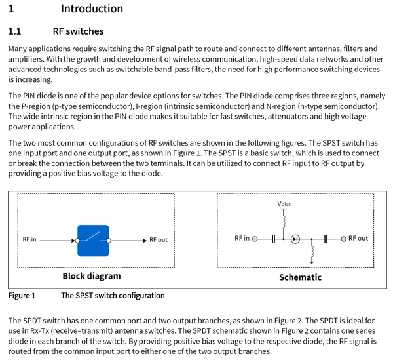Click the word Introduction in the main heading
92,9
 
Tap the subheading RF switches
78,31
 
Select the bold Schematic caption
300,277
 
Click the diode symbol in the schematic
295,239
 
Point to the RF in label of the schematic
242,238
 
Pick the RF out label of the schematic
358,238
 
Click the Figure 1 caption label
22,296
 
